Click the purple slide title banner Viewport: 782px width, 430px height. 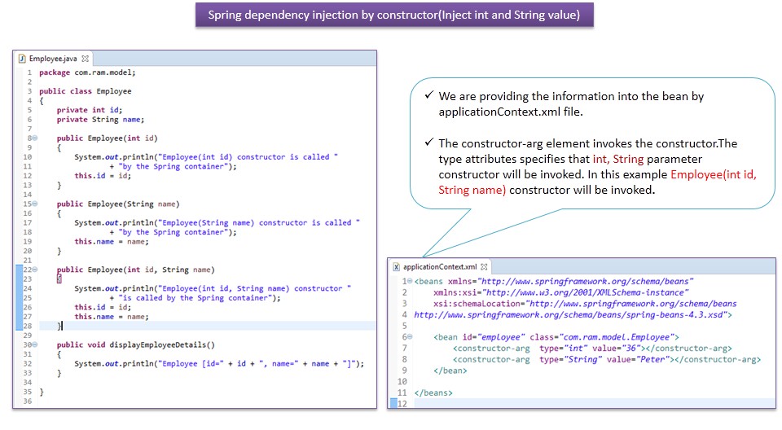coord(393,15)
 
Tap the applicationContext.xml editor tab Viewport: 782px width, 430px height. coord(440,266)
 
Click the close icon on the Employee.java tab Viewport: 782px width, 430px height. coord(86,59)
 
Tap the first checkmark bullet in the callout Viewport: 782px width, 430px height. coord(428,96)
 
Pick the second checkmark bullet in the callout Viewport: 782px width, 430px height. coord(428,143)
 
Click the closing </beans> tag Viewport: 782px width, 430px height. coord(433,393)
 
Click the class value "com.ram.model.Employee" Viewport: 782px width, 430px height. coord(615,336)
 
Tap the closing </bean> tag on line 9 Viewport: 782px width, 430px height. coord(450,370)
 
